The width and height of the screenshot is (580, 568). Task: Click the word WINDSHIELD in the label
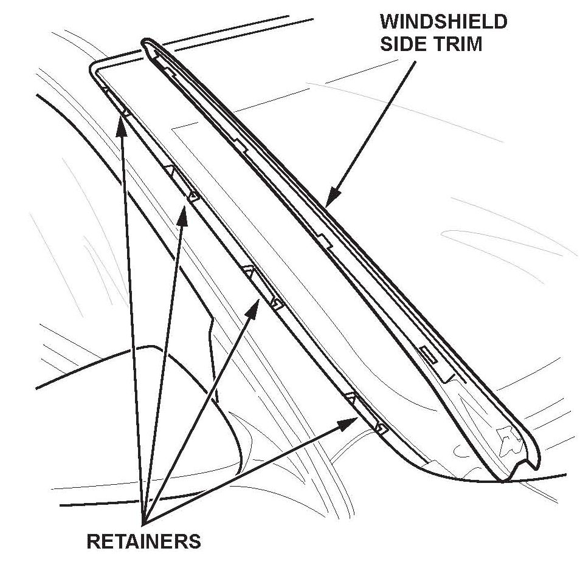(x=443, y=22)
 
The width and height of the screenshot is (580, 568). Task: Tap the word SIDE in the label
(x=402, y=44)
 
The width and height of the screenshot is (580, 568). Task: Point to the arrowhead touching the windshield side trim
(x=330, y=199)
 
